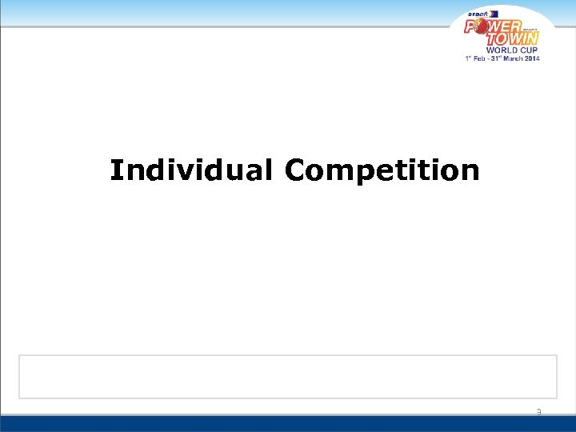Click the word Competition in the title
coord(382,171)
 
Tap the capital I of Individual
coord(116,170)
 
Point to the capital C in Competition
coord(294,170)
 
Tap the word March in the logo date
coord(515,58)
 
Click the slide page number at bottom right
coord(538,412)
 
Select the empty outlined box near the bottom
coord(288,376)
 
